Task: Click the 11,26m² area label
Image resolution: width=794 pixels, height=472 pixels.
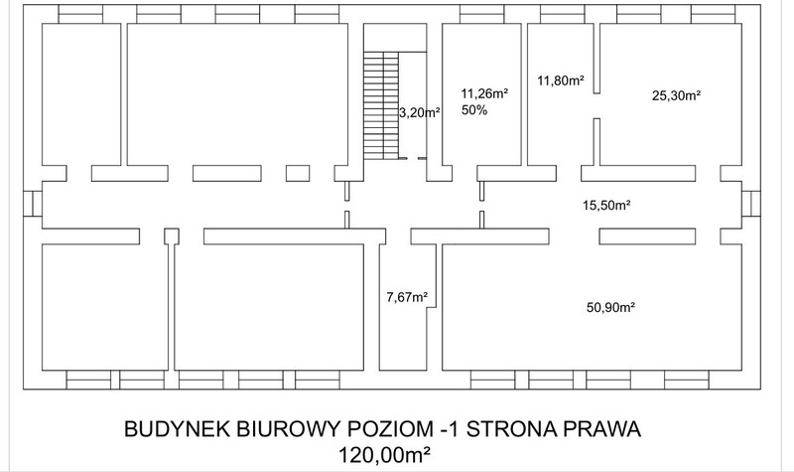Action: (484, 93)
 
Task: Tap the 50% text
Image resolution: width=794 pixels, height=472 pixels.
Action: (474, 110)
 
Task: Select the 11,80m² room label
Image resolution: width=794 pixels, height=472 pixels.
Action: (561, 80)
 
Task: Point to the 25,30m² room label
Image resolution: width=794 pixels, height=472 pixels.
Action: (676, 95)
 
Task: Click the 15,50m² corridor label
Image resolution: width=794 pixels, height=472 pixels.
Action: (606, 206)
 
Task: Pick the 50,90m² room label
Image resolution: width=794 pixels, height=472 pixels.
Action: (611, 307)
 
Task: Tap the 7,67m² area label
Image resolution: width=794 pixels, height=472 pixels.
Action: (407, 296)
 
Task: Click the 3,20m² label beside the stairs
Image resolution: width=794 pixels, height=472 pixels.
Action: (419, 112)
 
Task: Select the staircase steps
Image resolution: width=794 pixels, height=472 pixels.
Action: (381, 105)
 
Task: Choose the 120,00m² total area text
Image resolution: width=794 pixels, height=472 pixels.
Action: (384, 454)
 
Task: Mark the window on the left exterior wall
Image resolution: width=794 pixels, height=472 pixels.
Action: (33, 204)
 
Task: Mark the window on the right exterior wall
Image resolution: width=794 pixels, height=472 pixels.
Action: (751, 204)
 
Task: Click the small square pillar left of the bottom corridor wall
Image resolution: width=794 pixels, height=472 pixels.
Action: (172, 236)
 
